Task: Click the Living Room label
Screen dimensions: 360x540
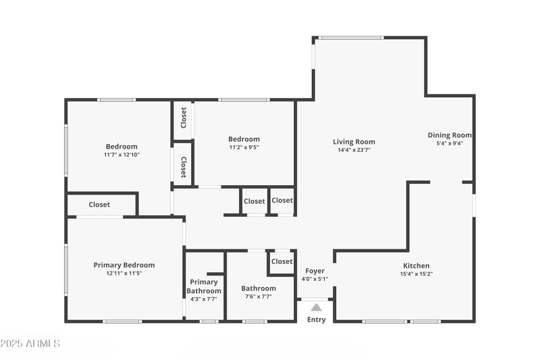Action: tap(354, 142)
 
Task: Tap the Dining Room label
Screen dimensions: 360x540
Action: tap(450, 135)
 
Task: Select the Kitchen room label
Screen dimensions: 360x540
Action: tap(416, 265)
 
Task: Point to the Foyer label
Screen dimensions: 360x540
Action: tap(315, 271)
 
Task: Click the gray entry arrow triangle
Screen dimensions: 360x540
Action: tap(316, 307)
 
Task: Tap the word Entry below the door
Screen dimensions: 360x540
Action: tap(316, 319)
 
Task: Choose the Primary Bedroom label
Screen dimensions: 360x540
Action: tap(124, 265)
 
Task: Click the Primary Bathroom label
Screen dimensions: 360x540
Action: tap(203, 286)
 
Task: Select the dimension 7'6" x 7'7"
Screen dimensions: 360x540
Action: tap(259, 297)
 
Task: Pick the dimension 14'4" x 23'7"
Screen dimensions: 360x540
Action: tap(354, 150)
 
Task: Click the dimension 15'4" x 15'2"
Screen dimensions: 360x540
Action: tap(416, 274)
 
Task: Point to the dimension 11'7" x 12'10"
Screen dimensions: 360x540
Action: tap(122, 155)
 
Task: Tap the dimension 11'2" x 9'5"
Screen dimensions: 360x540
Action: tap(244, 147)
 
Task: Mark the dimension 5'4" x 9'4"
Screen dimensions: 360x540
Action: tap(450, 143)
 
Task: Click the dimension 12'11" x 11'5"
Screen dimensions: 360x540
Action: tap(124, 273)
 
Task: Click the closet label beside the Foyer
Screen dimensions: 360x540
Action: tap(281, 261)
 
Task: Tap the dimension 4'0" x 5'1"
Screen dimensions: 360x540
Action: tap(315, 279)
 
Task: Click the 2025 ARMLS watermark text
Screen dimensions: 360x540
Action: tap(30, 344)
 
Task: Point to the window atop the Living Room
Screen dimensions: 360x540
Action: tap(350, 38)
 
